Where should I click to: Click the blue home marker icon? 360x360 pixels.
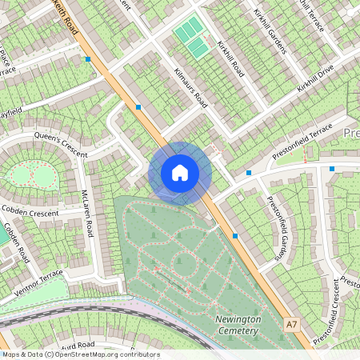coord(180,173)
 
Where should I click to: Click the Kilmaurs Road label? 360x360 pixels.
coord(190,89)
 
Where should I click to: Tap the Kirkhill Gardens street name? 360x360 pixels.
coord(270,33)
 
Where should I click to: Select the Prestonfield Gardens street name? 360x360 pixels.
coord(277,229)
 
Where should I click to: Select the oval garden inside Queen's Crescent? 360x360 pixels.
coord(30,173)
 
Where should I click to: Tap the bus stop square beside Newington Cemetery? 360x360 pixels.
coord(235,235)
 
